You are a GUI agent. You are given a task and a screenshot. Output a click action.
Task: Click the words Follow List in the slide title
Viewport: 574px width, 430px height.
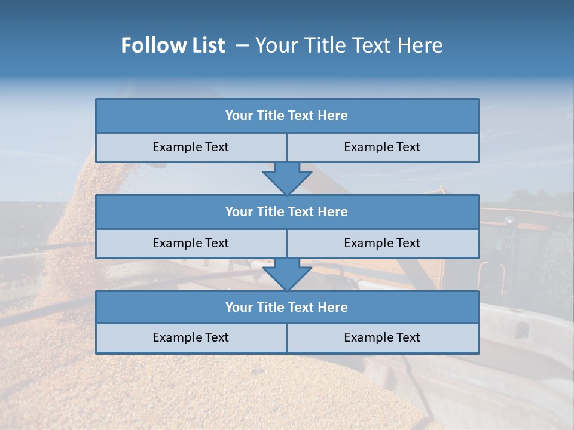[x=173, y=45]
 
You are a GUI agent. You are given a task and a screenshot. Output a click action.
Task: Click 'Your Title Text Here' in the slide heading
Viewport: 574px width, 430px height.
[x=349, y=45]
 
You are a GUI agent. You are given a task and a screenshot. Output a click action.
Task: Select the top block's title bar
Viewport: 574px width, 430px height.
[x=287, y=116]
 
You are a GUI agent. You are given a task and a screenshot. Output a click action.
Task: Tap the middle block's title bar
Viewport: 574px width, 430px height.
[x=287, y=211]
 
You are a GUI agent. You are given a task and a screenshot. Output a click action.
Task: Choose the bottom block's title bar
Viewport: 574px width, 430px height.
[x=287, y=307]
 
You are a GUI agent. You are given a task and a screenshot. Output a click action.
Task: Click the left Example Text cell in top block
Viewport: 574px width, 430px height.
[x=191, y=147]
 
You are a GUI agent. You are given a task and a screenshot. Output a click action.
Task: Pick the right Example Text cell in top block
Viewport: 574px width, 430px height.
[x=382, y=147]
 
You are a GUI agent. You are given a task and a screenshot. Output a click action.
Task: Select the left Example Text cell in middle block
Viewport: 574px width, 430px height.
[x=191, y=243]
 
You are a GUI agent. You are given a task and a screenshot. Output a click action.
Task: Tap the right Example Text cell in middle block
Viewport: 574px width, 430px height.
[x=382, y=243]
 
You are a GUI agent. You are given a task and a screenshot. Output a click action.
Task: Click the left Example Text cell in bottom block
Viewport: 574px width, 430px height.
[x=191, y=337]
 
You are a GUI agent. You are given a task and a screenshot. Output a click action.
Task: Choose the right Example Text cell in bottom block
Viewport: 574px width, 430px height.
[x=382, y=337]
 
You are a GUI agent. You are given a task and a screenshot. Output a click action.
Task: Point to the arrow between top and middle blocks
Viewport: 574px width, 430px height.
[x=287, y=178]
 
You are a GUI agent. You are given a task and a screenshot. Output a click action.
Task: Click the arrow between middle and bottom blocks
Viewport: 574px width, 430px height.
[x=287, y=274]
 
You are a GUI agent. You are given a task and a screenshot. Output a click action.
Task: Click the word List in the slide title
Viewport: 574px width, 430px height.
[x=207, y=45]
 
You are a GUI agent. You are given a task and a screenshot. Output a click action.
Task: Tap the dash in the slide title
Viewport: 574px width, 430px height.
[x=242, y=45]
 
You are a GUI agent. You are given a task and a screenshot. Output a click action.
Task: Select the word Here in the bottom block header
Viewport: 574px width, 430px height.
[x=332, y=307]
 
